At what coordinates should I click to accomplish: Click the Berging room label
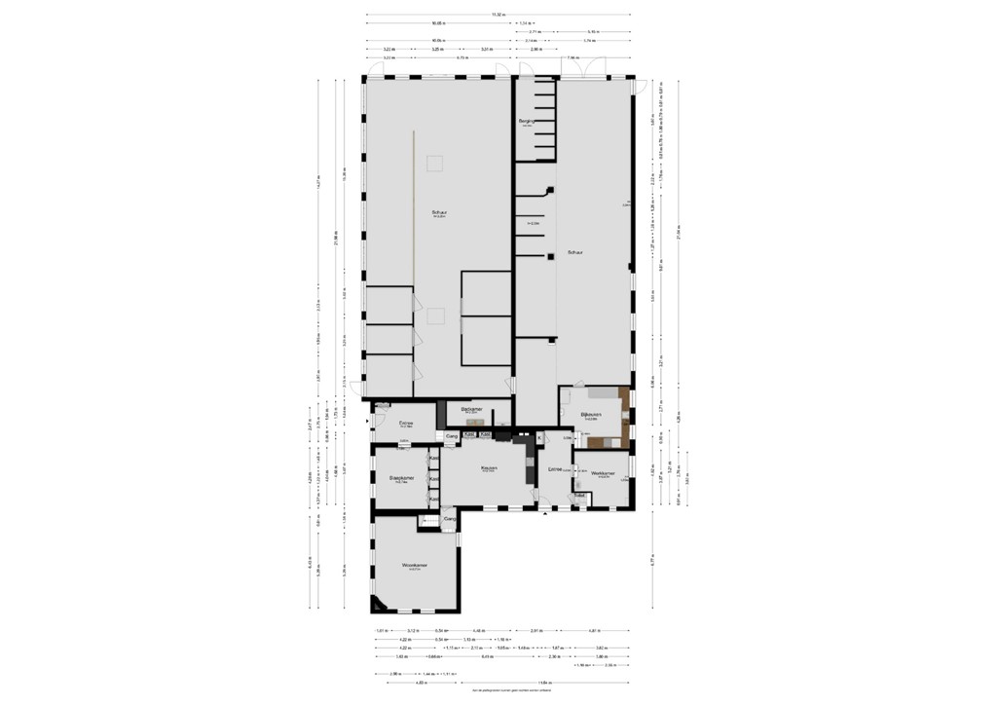pyautogui.click(x=526, y=122)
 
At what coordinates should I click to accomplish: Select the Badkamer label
pyautogui.click(x=472, y=410)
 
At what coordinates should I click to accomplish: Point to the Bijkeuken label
pyautogui.click(x=592, y=414)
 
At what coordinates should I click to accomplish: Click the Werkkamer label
pyautogui.click(x=603, y=473)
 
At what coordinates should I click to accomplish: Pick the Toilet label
pyautogui.click(x=579, y=496)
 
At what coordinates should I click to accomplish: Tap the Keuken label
pyautogui.click(x=489, y=467)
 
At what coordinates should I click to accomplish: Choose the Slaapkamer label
pyautogui.click(x=402, y=478)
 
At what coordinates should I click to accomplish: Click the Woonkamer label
pyautogui.click(x=415, y=566)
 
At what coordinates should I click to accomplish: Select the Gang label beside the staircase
pyautogui.click(x=450, y=520)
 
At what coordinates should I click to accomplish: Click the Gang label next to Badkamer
pyautogui.click(x=451, y=435)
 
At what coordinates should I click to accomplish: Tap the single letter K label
pyautogui.click(x=538, y=437)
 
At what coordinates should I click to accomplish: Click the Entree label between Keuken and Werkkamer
pyautogui.click(x=555, y=469)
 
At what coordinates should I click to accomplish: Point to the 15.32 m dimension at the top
pyautogui.click(x=498, y=15)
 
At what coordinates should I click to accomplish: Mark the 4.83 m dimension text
pyautogui.click(x=395, y=683)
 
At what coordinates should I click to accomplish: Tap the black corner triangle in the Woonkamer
pyautogui.click(x=376, y=605)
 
